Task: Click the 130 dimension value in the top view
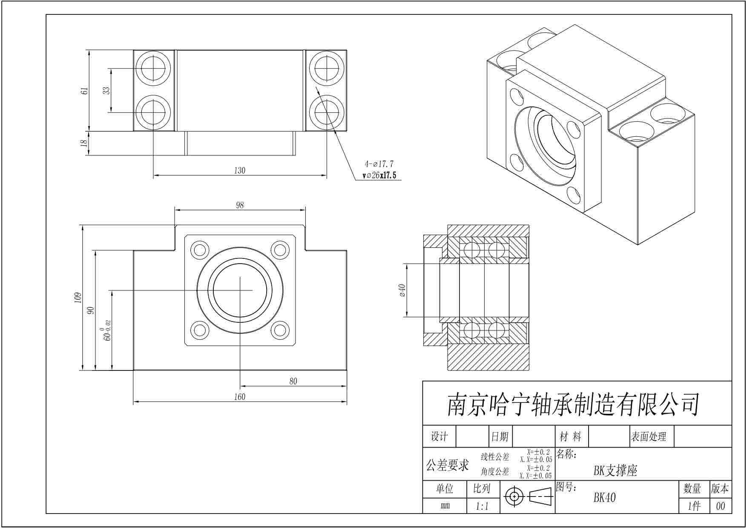click(240, 171)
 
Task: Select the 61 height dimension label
click(85, 91)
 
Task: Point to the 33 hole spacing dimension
click(106, 91)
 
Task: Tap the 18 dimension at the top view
click(85, 143)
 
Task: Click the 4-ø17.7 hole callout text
click(379, 164)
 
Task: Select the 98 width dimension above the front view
click(240, 205)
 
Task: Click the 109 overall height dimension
click(77, 298)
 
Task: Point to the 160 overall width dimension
click(240, 397)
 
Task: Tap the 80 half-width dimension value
click(293, 382)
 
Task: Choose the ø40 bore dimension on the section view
click(402, 290)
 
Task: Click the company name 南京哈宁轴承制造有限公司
click(573, 405)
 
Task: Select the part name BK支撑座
click(615, 471)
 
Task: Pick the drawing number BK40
click(604, 498)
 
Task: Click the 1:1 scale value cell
click(482, 506)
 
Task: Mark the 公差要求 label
click(447, 465)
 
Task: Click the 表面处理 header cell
click(648, 436)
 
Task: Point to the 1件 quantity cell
click(694, 506)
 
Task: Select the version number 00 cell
click(721, 506)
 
